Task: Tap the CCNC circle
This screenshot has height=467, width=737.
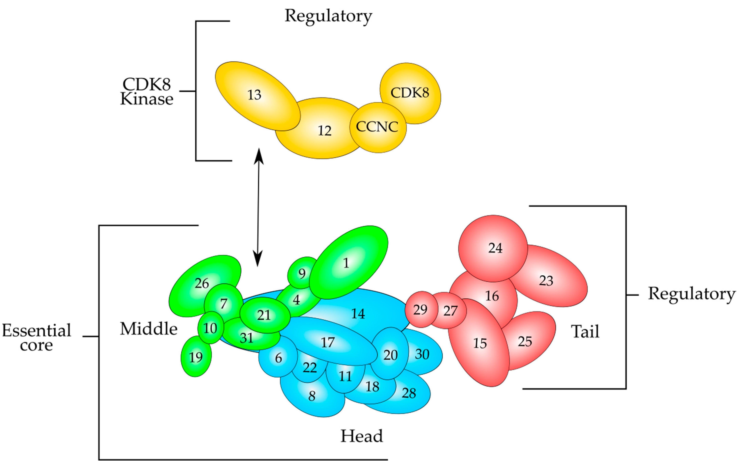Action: click(377, 127)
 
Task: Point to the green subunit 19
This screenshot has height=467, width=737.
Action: click(196, 357)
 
